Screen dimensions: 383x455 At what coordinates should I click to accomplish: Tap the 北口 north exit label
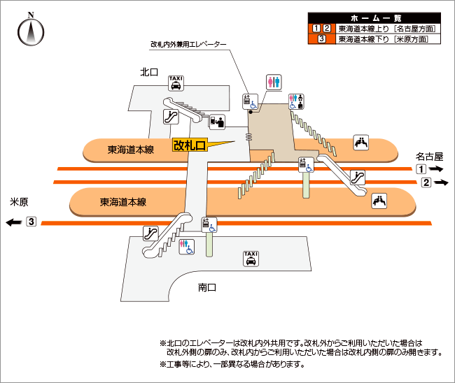pyautogui.click(x=149, y=71)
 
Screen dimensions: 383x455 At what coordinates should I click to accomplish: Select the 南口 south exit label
pyautogui.click(x=207, y=287)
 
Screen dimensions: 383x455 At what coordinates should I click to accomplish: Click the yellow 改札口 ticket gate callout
pyautogui.click(x=190, y=145)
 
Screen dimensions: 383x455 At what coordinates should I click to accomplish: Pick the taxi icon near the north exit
pyautogui.click(x=176, y=84)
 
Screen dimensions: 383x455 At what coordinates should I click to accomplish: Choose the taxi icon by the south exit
pyautogui.click(x=250, y=259)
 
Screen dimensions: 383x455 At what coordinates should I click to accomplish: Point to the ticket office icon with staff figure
pyautogui.click(x=217, y=121)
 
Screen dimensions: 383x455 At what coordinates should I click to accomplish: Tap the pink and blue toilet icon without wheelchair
pyautogui.click(x=274, y=82)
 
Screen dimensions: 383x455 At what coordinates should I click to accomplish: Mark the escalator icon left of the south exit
pyautogui.click(x=150, y=233)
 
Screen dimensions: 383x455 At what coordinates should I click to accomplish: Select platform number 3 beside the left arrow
pyautogui.click(x=31, y=222)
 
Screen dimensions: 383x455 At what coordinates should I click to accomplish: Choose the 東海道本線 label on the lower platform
pyautogui.click(x=123, y=202)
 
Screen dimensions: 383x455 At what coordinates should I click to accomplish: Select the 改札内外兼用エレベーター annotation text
pyautogui.click(x=189, y=44)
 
